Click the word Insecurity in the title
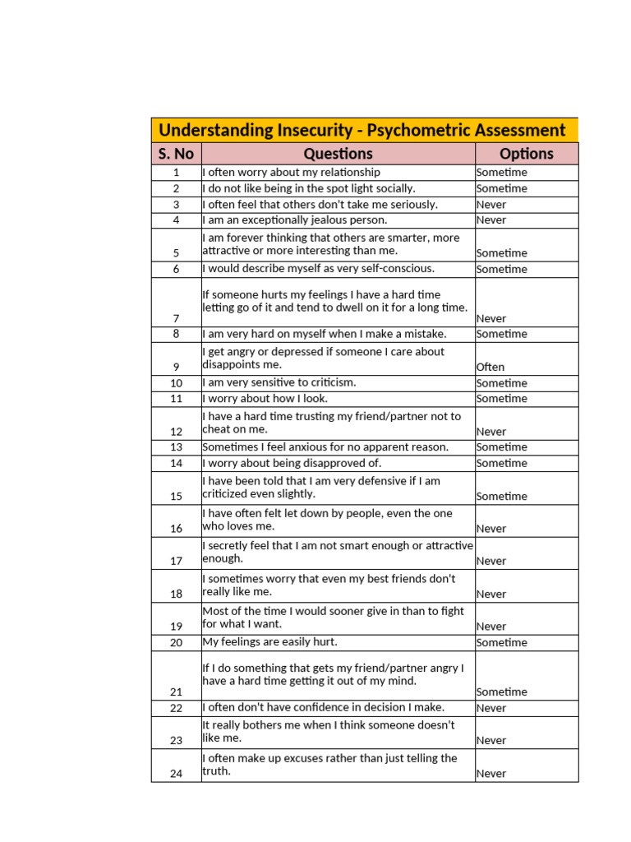point(314,130)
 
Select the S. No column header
point(176,154)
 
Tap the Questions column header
point(338,154)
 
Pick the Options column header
point(527,154)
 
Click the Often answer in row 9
point(491,368)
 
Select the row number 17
point(176,562)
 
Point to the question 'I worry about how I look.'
point(265,399)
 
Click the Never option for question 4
point(491,220)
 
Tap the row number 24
point(176,774)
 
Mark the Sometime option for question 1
point(502,173)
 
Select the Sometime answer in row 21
point(502,692)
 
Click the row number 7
point(176,318)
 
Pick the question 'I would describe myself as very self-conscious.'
point(319,268)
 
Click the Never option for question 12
point(491,432)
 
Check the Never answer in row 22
point(491,708)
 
